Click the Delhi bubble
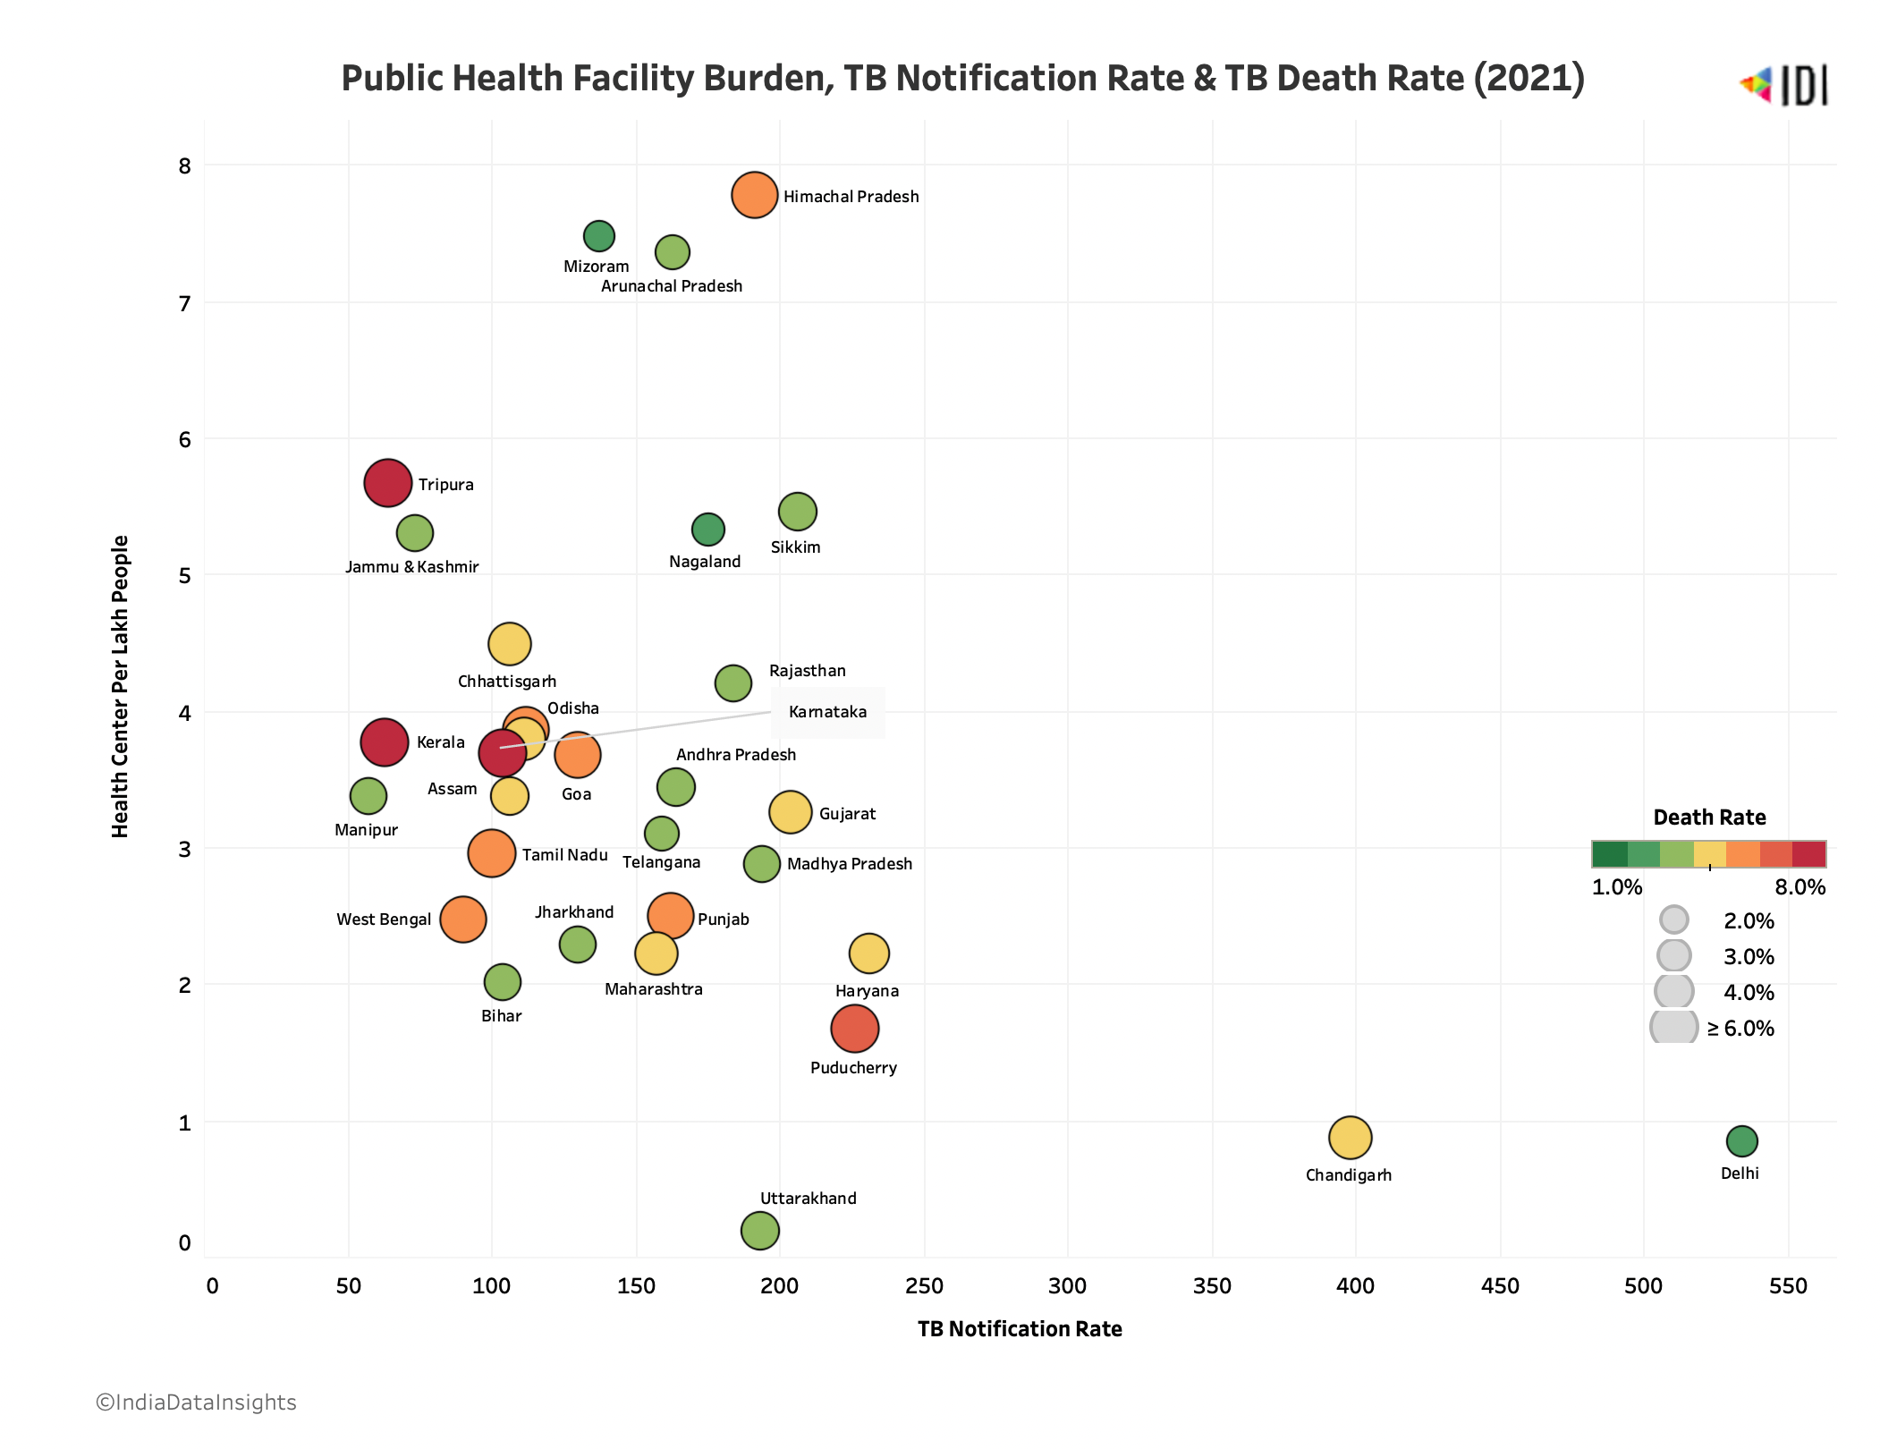[x=1740, y=1140]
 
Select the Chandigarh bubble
[x=1350, y=1138]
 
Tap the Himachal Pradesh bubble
[x=754, y=195]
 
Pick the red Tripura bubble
[x=387, y=483]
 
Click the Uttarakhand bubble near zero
[x=759, y=1230]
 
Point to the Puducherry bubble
[x=854, y=1028]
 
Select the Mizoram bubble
[x=598, y=236]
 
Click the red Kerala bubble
[x=384, y=741]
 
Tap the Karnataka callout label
[x=827, y=712]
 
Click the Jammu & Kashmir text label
[x=411, y=567]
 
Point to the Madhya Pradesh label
[x=849, y=864]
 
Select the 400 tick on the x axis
[x=1355, y=1286]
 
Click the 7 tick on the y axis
[x=185, y=304]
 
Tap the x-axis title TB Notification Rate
[x=1020, y=1329]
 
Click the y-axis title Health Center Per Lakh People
[x=120, y=686]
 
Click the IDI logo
[x=1783, y=86]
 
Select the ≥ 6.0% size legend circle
[x=1673, y=1027]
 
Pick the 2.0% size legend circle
[x=1673, y=919]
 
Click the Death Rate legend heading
[x=1709, y=818]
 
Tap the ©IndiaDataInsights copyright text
[x=196, y=1402]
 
